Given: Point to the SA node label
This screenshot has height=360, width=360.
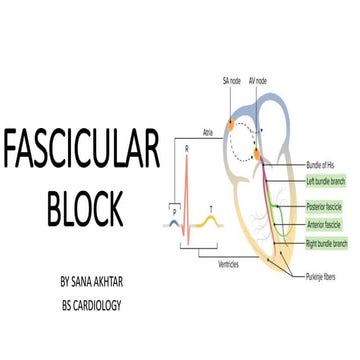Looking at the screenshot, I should [231, 80].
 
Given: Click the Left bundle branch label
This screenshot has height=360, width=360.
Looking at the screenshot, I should [328, 180].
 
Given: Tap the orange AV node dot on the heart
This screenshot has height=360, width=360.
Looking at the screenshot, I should [258, 154].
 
